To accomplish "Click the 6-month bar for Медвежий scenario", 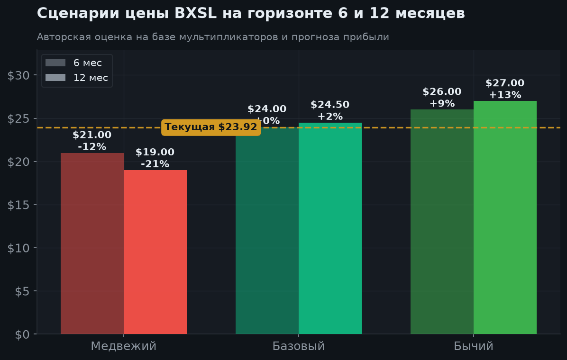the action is [92, 243].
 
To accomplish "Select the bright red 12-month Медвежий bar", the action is [155, 252].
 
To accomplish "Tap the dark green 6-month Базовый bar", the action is [267, 231].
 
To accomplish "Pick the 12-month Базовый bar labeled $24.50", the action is [330, 228].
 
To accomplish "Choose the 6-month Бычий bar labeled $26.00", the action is [442, 222].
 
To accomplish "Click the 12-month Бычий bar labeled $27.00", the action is [505, 217].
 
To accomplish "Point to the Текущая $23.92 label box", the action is [211, 127].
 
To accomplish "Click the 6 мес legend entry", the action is [74, 63].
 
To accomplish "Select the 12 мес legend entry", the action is [77, 78].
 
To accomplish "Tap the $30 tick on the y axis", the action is [18, 75].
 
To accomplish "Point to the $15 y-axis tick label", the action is [18, 205].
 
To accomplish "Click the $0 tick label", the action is [22, 334].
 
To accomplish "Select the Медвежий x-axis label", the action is [124, 346].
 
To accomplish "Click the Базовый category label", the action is [299, 346].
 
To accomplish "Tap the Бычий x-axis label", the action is [474, 346].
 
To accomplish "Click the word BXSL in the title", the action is [195, 13].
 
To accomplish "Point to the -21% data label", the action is [155, 164].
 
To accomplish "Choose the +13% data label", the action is [505, 95].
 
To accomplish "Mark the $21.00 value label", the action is [92, 135].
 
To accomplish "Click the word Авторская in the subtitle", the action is [64, 37].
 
